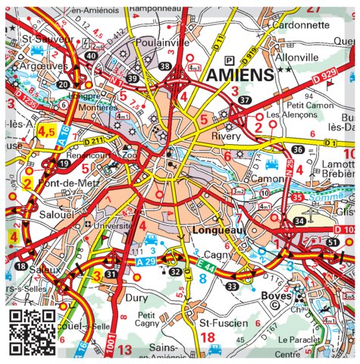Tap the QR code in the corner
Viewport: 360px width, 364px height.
(x=33, y=331)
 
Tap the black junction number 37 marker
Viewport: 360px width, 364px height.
(x=243, y=100)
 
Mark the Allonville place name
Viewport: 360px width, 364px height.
(x=296, y=57)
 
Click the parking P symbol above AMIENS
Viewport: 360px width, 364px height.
(x=229, y=60)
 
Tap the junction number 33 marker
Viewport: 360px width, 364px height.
(x=231, y=287)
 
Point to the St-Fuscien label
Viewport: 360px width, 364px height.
(x=224, y=323)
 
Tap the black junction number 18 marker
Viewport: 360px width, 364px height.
(x=21, y=267)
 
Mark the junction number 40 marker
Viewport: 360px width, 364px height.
(x=91, y=56)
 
